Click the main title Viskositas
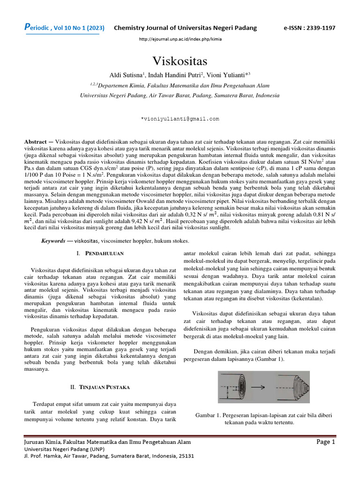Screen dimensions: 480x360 (180, 61)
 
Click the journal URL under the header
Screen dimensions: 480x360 (180, 39)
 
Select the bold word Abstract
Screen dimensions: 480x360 (37, 141)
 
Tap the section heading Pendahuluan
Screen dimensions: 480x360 (104, 253)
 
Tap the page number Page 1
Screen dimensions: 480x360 (326, 442)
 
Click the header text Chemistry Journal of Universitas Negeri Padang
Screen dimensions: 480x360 (186, 28)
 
